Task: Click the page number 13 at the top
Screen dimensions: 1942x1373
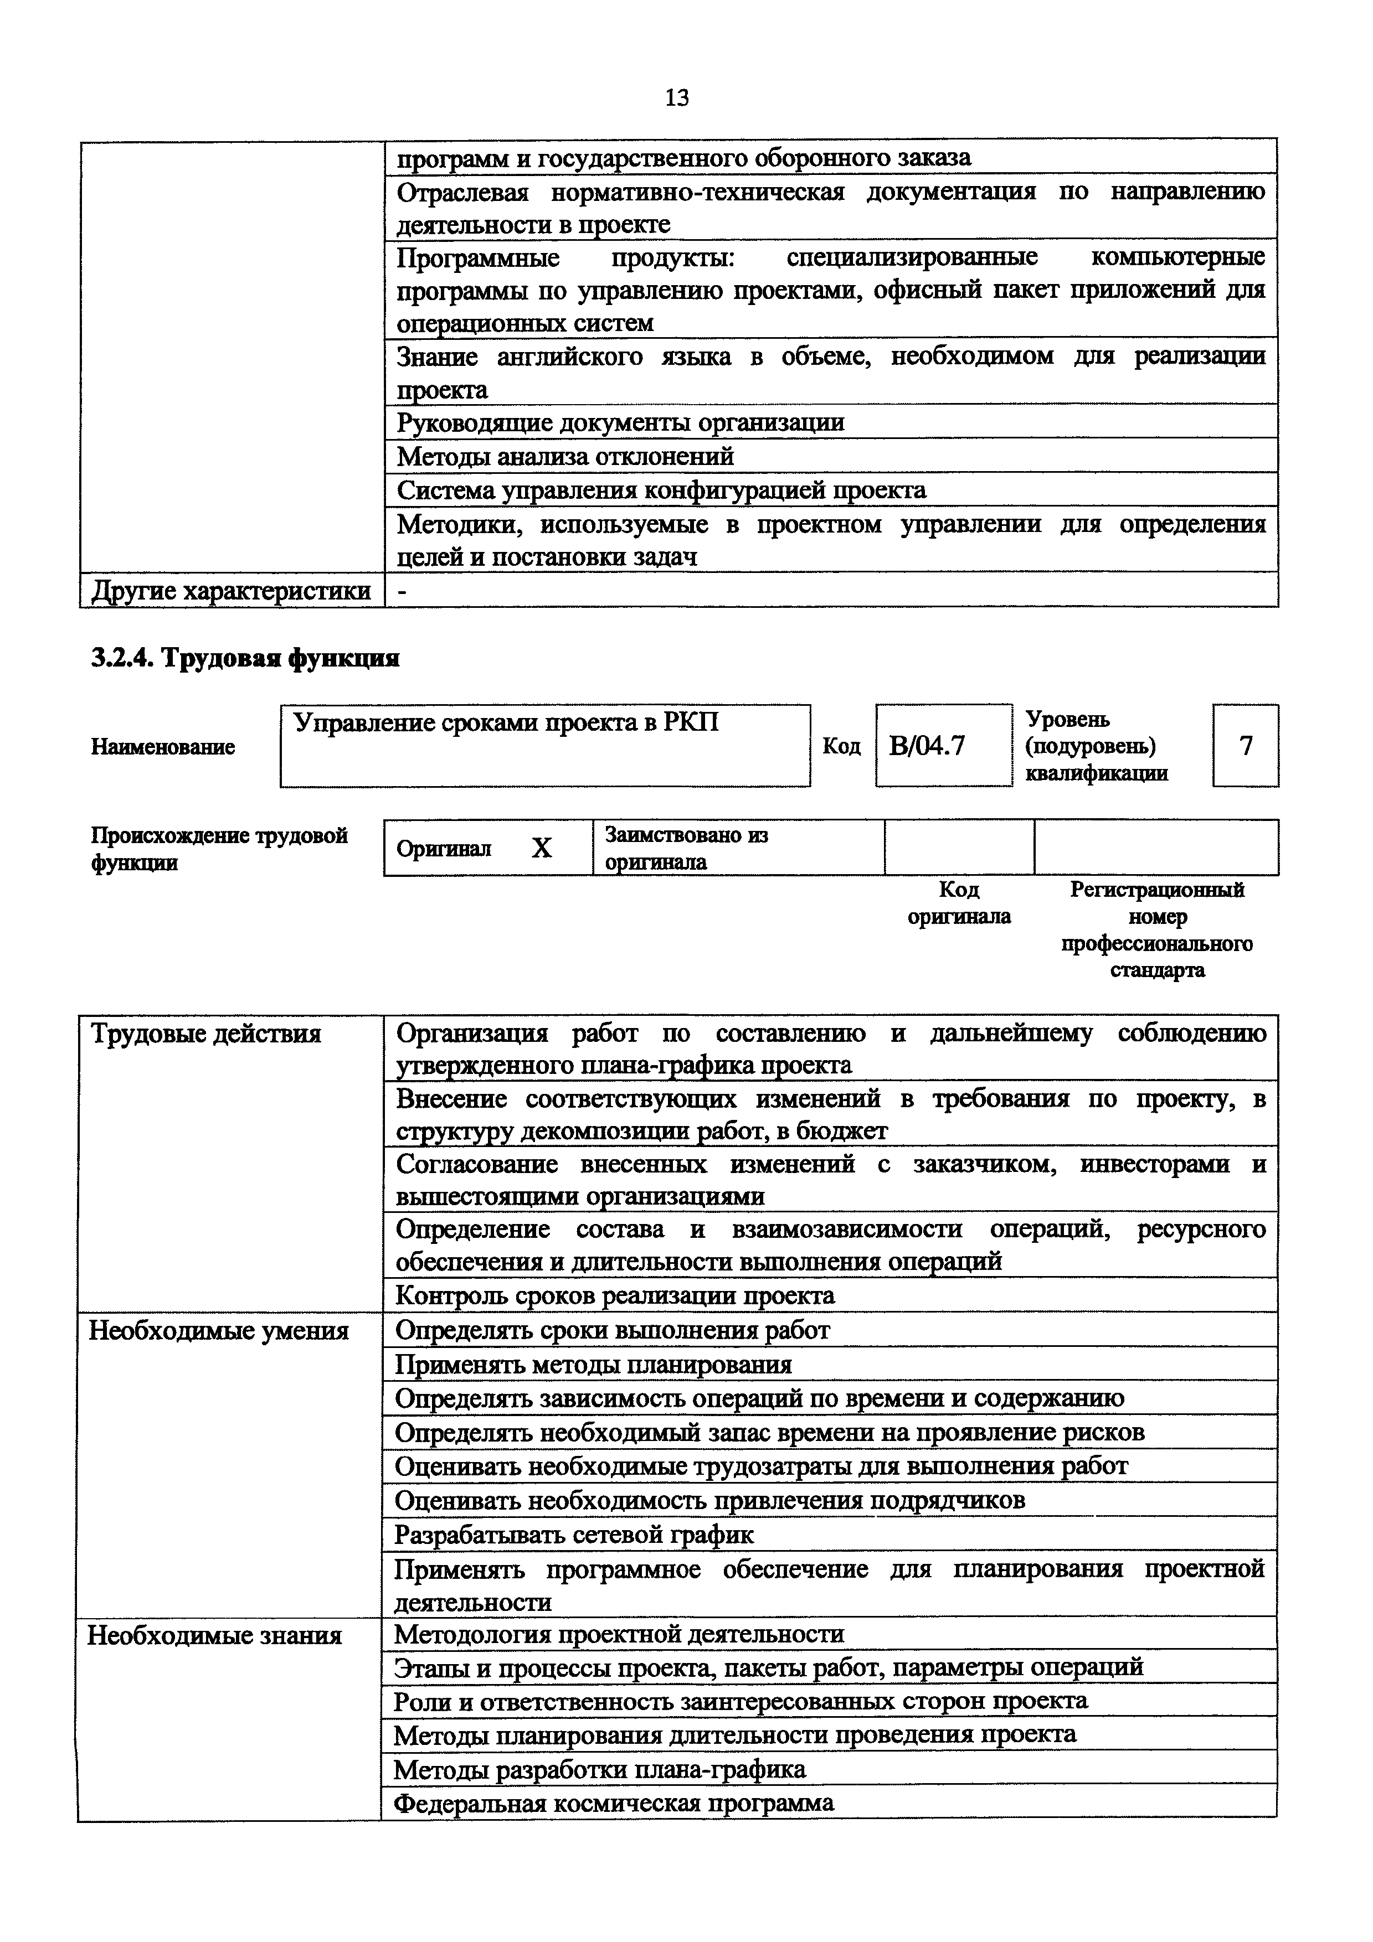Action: [677, 98]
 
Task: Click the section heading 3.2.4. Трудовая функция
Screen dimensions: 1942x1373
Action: [244, 658]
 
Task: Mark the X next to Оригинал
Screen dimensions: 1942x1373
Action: [542, 848]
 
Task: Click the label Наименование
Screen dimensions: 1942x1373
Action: [162, 747]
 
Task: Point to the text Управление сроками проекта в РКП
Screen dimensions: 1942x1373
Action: [505, 723]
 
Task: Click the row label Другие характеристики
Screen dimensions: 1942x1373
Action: [231, 590]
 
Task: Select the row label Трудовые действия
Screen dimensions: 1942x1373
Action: [205, 1034]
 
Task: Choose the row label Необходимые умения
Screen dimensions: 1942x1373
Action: [219, 1331]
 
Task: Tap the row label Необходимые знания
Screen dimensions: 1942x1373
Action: [215, 1635]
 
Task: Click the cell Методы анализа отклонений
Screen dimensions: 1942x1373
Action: [565, 457]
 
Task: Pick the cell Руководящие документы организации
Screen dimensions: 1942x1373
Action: [620, 422]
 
